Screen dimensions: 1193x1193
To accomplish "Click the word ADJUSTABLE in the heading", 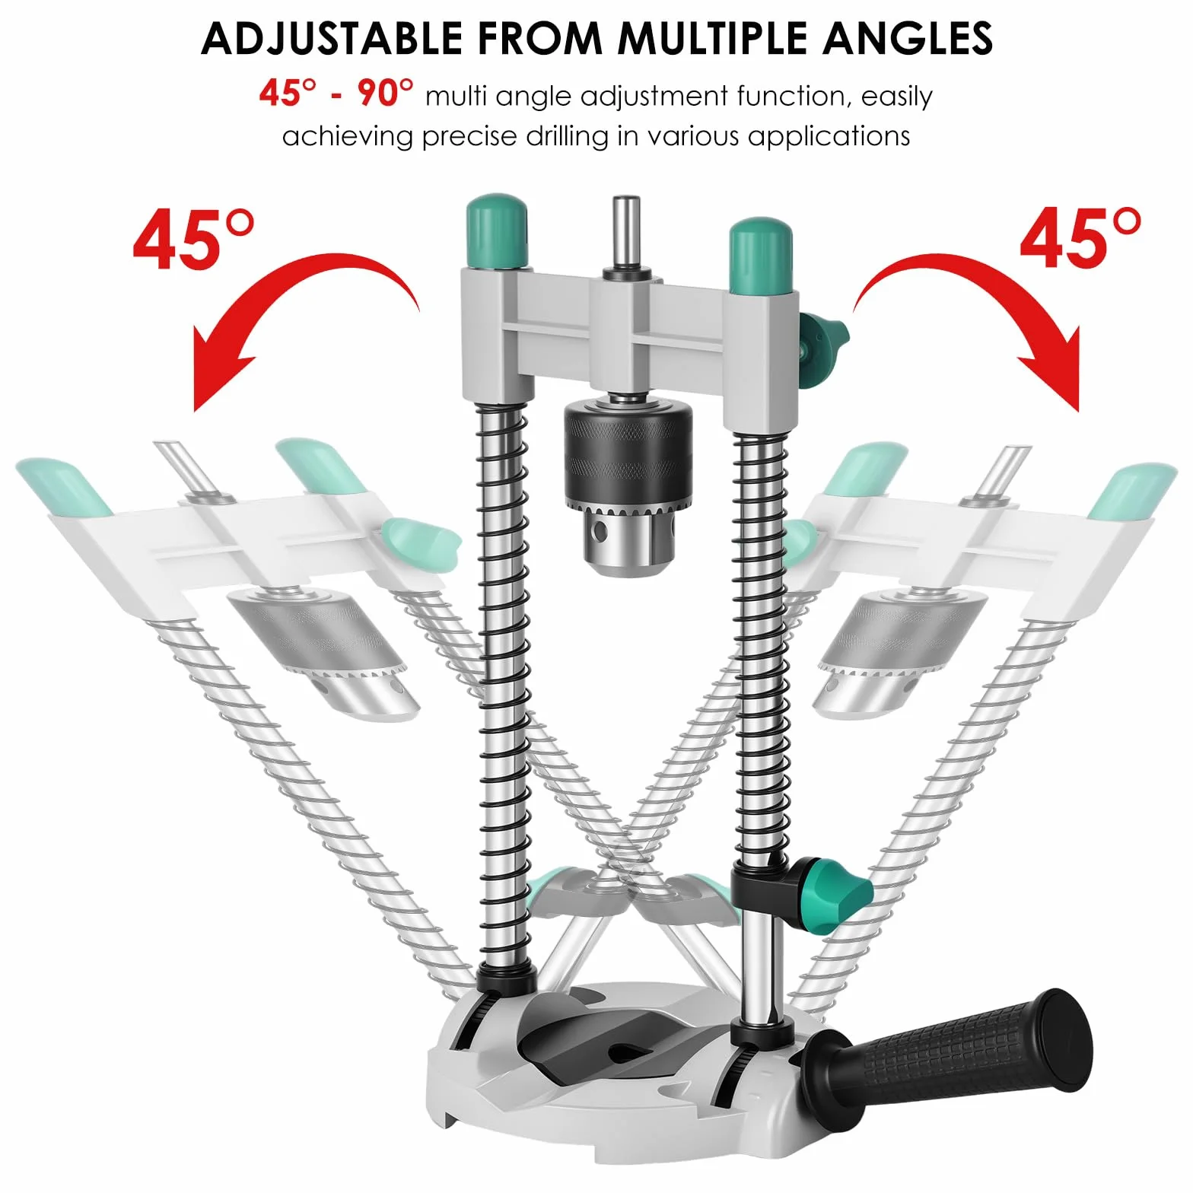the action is tap(332, 38).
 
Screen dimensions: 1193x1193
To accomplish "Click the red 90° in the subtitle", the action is tap(386, 94).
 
